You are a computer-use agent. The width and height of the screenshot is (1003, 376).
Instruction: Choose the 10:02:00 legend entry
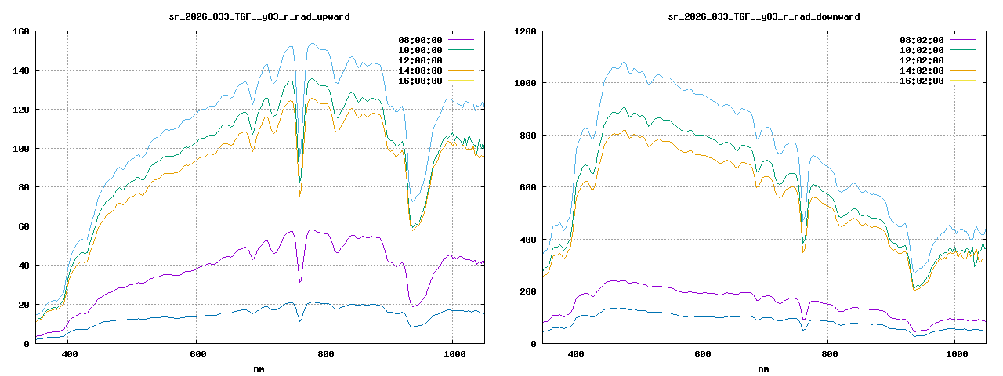coord(922,49)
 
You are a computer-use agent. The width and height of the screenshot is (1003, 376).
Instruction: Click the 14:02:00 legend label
coord(922,70)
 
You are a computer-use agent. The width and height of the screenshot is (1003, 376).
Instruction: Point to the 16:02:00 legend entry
coord(922,80)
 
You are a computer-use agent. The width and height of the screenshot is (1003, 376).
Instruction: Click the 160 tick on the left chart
coord(21,31)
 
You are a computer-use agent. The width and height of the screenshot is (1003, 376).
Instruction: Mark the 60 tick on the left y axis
coord(24,226)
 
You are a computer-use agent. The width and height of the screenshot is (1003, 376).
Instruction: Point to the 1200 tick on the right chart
coord(525,31)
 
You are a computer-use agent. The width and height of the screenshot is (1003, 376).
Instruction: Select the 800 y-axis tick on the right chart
coord(527,136)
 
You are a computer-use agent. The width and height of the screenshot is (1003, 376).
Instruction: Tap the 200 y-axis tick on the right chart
coord(527,291)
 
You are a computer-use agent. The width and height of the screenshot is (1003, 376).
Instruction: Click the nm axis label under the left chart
coord(259,368)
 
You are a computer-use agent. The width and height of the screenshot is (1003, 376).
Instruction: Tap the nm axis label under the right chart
coord(763,368)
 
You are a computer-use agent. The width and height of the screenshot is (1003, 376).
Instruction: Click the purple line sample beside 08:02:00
coord(962,39)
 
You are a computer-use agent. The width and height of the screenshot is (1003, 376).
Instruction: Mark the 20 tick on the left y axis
coord(24,305)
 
